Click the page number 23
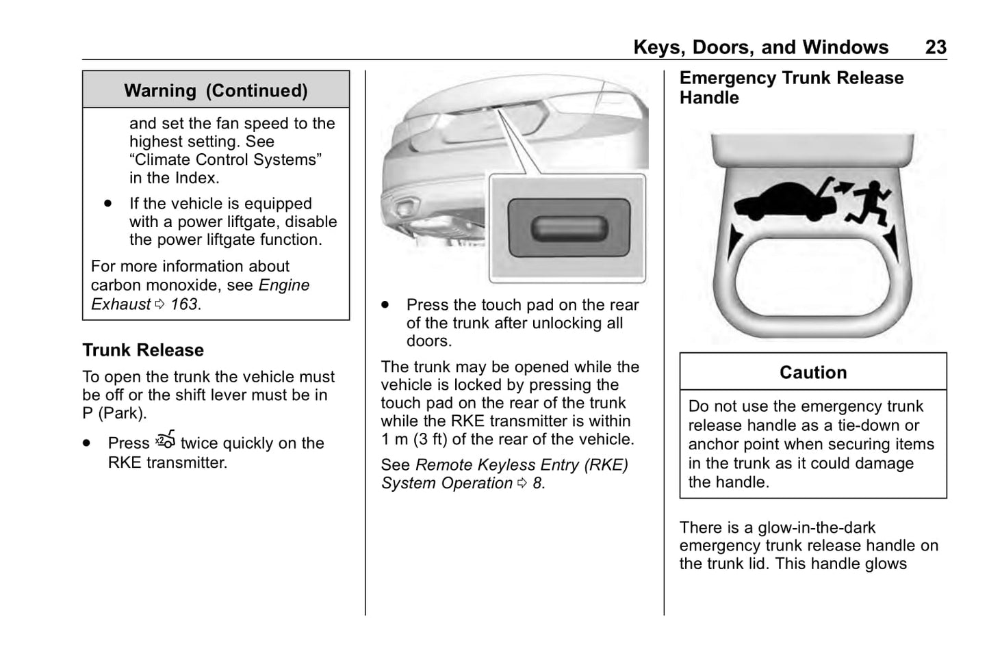(936, 47)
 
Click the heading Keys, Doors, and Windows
(760, 47)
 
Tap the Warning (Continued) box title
(216, 91)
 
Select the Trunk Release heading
(143, 350)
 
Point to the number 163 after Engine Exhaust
(184, 304)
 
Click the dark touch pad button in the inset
(568, 228)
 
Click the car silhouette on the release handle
(786, 203)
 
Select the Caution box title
(813, 373)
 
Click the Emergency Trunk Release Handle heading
(791, 88)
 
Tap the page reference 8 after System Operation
(537, 484)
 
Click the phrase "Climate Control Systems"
(226, 160)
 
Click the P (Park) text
(114, 413)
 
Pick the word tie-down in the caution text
(869, 425)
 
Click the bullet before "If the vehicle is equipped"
(107, 204)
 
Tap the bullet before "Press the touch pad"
(386, 305)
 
